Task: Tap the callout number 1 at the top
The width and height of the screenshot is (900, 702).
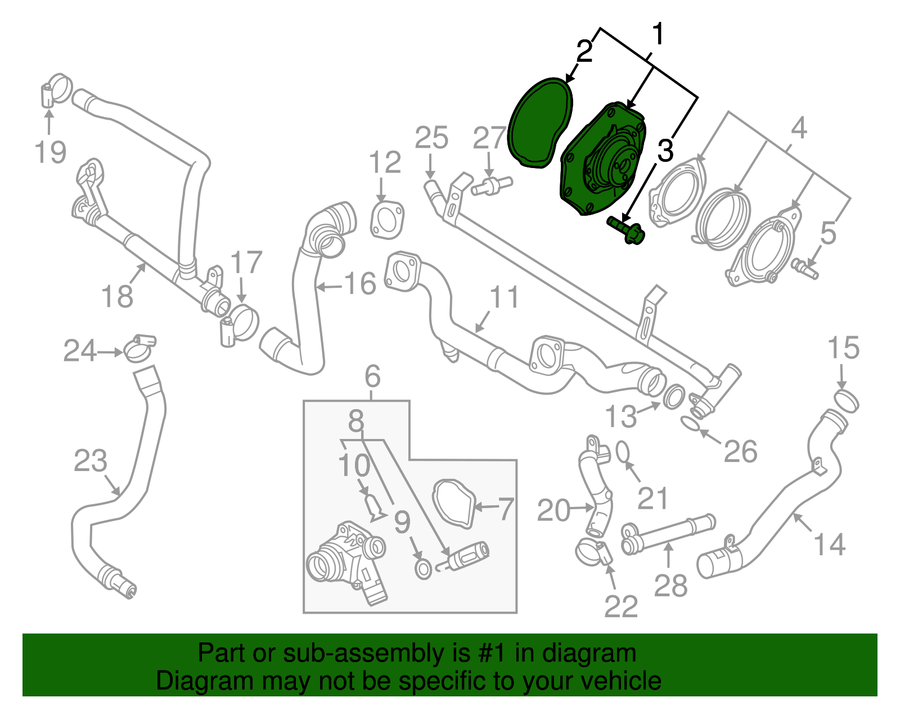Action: click(657, 35)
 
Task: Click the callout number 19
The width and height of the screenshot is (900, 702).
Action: click(50, 152)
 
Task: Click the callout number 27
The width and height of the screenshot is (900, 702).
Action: click(489, 138)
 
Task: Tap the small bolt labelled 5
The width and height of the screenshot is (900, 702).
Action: click(806, 269)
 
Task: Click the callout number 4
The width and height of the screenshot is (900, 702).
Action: click(799, 129)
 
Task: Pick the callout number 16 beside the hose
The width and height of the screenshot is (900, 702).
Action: click(360, 284)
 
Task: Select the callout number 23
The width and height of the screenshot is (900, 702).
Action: click(90, 461)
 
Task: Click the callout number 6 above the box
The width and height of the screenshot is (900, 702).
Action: click(372, 376)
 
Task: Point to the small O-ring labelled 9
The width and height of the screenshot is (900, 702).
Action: click(423, 569)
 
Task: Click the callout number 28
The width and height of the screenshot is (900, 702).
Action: click(670, 586)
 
